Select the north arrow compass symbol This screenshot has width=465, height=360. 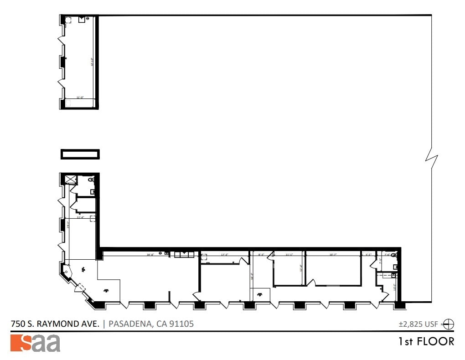tap(449, 324)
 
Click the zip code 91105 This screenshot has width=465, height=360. tap(181, 324)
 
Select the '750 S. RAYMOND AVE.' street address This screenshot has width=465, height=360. tap(55, 324)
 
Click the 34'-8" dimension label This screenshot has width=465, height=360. tap(150, 254)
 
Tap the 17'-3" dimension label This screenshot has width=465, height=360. tap(224, 254)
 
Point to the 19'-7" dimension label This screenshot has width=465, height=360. tap(333, 254)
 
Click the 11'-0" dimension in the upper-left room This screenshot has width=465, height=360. tap(80, 97)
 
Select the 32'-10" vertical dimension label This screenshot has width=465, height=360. tap(92, 62)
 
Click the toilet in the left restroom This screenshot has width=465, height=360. tap(93, 181)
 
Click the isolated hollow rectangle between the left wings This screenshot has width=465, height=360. tap(80, 154)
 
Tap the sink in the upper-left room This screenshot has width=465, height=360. tap(82, 19)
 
